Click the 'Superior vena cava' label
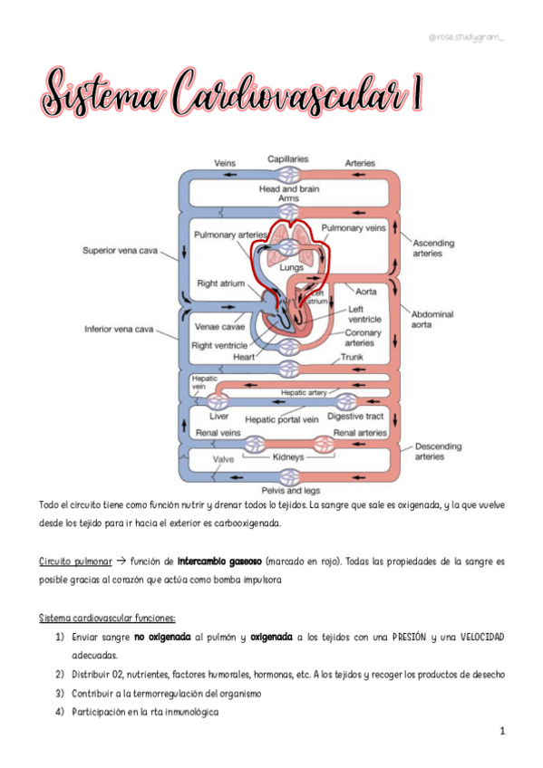click(x=120, y=250)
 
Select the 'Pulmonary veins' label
click(x=354, y=228)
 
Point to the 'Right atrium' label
click(x=220, y=283)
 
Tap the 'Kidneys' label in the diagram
click(x=287, y=458)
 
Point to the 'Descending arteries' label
click(x=439, y=452)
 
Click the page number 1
click(x=500, y=730)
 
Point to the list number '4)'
click(x=59, y=711)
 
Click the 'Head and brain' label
click(x=288, y=188)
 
